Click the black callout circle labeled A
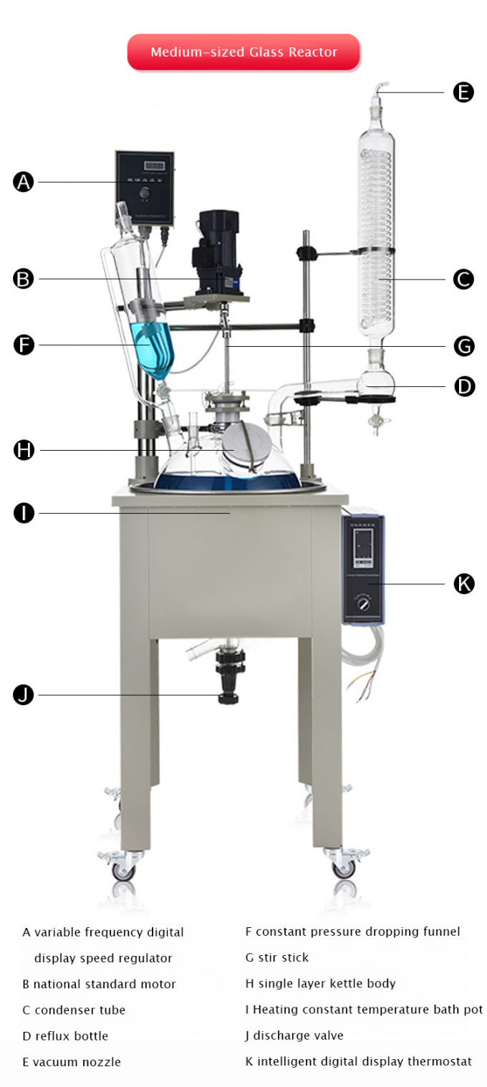pyautogui.click(x=24, y=182)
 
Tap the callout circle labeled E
pyautogui.click(x=463, y=92)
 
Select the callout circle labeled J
pyautogui.click(x=24, y=694)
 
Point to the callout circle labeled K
pyautogui.click(x=464, y=584)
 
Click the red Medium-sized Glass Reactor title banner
pyautogui.click(x=243, y=52)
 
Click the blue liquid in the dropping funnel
pyautogui.click(x=152, y=348)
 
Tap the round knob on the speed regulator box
pyautogui.click(x=145, y=193)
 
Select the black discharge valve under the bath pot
pyautogui.click(x=229, y=677)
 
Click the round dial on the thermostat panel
pyautogui.click(x=364, y=604)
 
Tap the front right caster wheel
pyautogui.click(x=343, y=868)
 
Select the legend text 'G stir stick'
pyautogui.click(x=276, y=958)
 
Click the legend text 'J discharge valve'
pyautogui.click(x=294, y=1035)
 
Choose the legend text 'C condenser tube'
pyautogui.click(x=74, y=1010)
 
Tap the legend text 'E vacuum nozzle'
pyautogui.click(x=72, y=1062)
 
